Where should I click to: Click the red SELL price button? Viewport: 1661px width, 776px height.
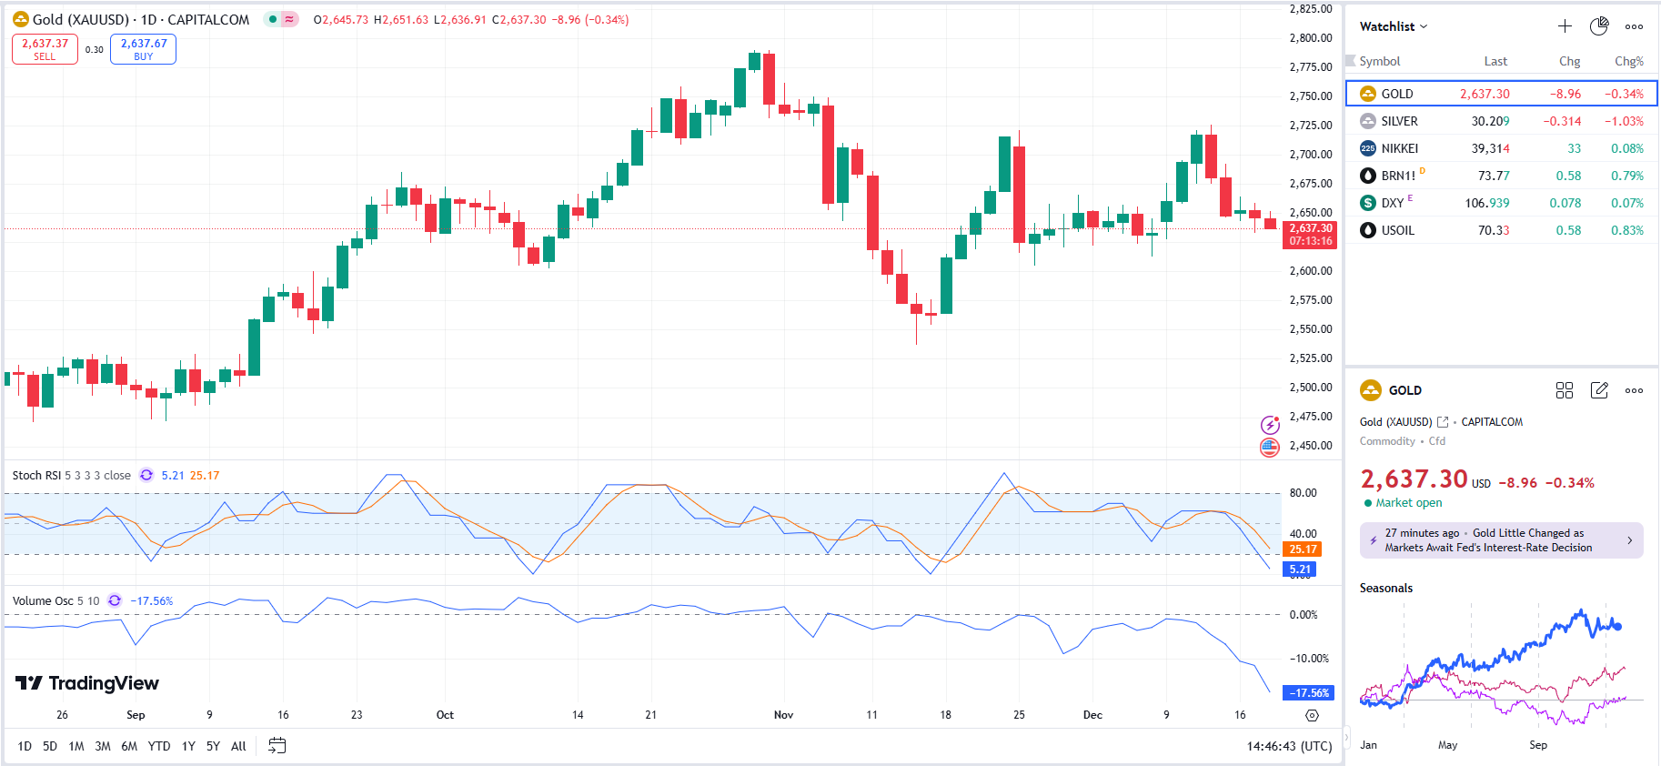[45, 49]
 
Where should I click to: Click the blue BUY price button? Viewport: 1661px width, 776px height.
[143, 49]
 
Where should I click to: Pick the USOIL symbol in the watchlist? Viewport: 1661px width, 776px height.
[1397, 230]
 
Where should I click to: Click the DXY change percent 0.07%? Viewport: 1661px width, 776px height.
[1626, 203]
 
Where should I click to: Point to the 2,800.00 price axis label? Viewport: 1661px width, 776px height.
[1310, 38]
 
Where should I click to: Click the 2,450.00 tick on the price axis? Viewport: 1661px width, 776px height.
[1310, 446]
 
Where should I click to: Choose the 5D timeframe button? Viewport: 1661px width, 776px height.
[50, 746]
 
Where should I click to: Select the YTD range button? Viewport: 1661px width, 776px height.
[159, 746]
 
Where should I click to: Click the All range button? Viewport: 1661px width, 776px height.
[238, 746]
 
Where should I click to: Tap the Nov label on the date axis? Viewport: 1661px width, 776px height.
[783, 715]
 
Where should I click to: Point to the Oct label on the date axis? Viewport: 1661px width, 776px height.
[445, 715]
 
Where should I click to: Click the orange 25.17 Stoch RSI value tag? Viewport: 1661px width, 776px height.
[1302, 549]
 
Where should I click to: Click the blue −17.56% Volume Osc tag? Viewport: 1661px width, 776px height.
[1307, 693]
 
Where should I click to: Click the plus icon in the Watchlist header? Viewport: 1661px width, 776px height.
[1565, 26]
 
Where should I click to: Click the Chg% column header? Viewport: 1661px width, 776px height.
[1628, 61]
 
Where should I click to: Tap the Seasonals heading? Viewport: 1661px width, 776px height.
[1385, 589]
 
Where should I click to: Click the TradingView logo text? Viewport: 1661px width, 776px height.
[103, 683]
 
